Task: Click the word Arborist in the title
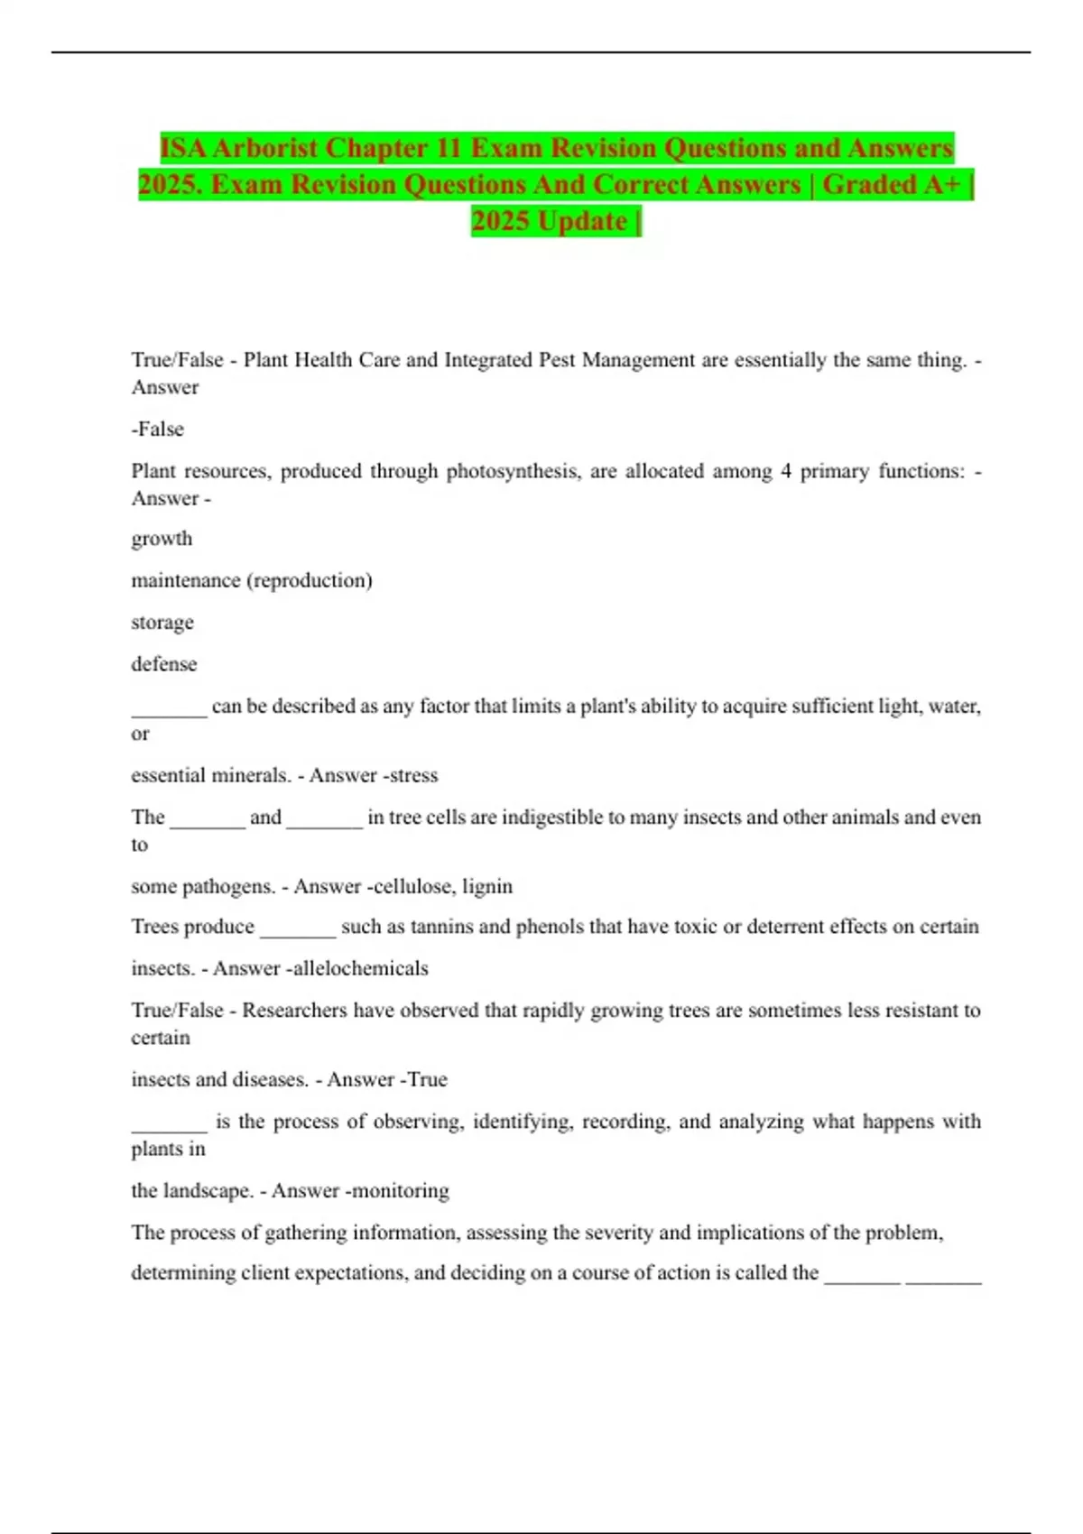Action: click(x=264, y=148)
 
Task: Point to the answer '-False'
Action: click(x=158, y=430)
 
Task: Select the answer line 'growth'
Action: click(x=162, y=539)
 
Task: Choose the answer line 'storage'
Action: click(x=162, y=623)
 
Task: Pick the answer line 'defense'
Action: click(x=163, y=664)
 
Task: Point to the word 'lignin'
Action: click(x=487, y=886)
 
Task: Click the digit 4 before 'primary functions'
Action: click(x=786, y=471)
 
